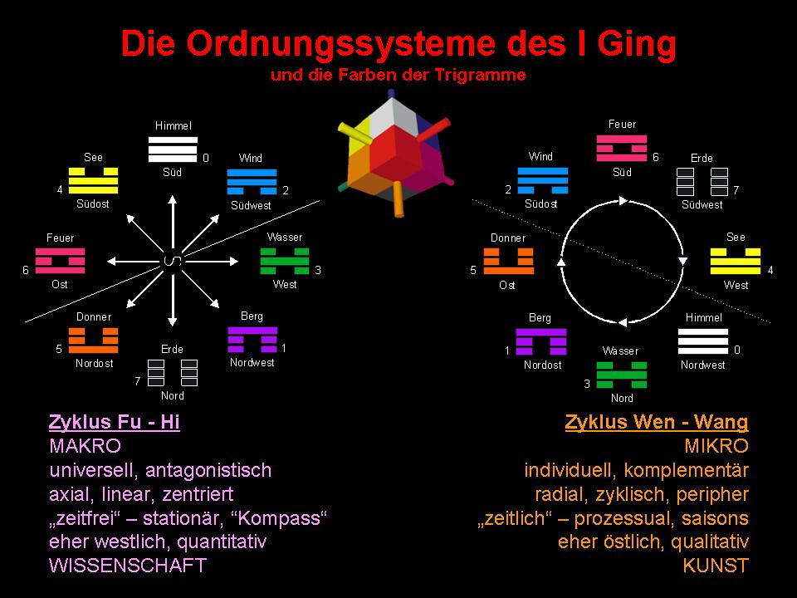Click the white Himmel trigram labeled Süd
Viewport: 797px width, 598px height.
(x=173, y=149)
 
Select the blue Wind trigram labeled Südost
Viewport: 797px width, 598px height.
(x=543, y=180)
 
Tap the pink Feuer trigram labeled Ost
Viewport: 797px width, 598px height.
(x=61, y=260)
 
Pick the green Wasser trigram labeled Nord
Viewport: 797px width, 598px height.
(x=621, y=375)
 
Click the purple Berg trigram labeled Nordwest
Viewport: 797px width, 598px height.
(x=252, y=341)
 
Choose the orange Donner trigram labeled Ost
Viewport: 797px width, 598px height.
(x=508, y=260)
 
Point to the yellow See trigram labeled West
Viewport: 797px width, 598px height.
(x=736, y=260)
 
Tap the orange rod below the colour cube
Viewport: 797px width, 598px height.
(x=397, y=199)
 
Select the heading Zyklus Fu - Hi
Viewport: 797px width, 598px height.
(x=115, y=422)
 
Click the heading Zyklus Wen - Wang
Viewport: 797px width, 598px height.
(x=657, y=422)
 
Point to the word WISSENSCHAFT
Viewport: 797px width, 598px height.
(x=128, y=566)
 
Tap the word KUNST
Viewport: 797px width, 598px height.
(x=716, y=566)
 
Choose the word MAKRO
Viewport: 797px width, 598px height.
(x=85, y=446)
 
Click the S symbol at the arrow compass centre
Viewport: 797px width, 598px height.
(x=173, y=260)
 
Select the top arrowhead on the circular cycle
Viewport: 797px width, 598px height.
(x=623, y=200)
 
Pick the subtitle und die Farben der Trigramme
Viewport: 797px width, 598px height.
(x=398, y=75)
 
